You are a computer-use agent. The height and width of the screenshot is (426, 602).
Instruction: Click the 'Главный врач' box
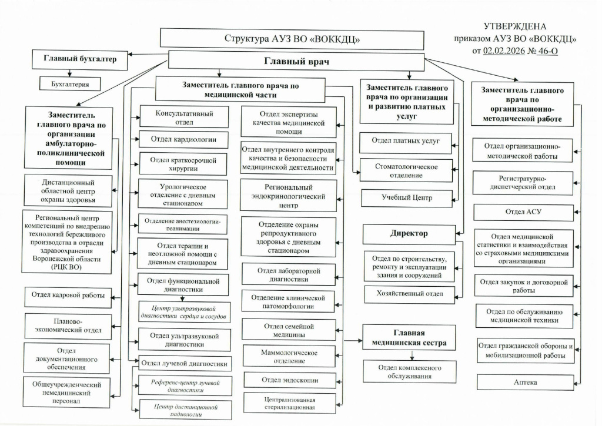click(x=296, y=61)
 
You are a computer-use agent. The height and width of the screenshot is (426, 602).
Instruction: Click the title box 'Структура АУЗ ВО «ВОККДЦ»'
click(x=292, y=39)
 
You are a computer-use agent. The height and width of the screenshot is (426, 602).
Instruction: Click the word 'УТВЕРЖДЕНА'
click(x=514, y=26)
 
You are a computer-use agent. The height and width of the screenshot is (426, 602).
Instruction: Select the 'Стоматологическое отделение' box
click(x=407, y=170)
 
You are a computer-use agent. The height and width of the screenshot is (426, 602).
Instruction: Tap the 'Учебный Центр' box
click(x=406, y=198)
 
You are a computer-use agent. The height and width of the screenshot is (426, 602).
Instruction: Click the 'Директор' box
click(x=409, y=233)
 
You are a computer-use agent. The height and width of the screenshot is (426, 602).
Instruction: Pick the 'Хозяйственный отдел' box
click(x=409, y=293)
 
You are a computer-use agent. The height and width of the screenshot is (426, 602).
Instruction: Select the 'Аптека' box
click(x=525, y=382)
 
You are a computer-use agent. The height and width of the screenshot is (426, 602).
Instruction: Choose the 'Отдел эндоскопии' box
click(x=290, y=380)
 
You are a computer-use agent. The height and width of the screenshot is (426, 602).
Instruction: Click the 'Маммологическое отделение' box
click(x=289, y=356)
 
